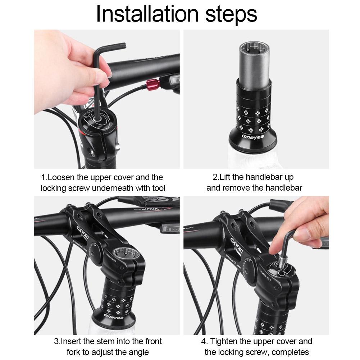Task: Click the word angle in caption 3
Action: pyautogui.click(x=138, y=352)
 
